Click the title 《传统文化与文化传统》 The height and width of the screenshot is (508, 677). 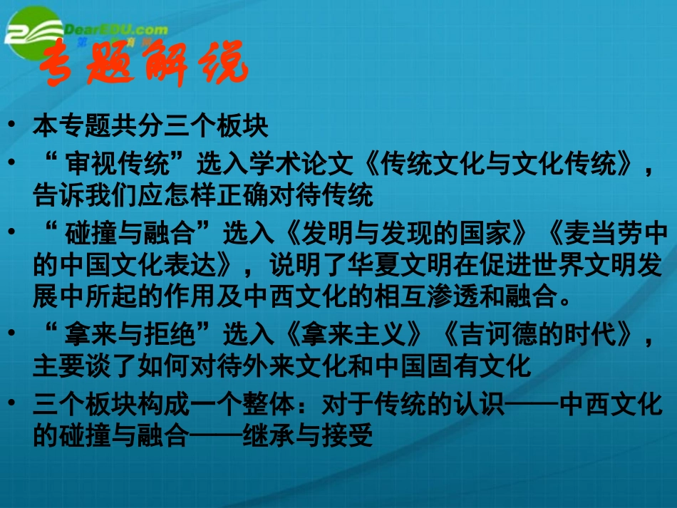(495, 165)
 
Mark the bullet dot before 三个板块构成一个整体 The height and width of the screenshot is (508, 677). (13, 402)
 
